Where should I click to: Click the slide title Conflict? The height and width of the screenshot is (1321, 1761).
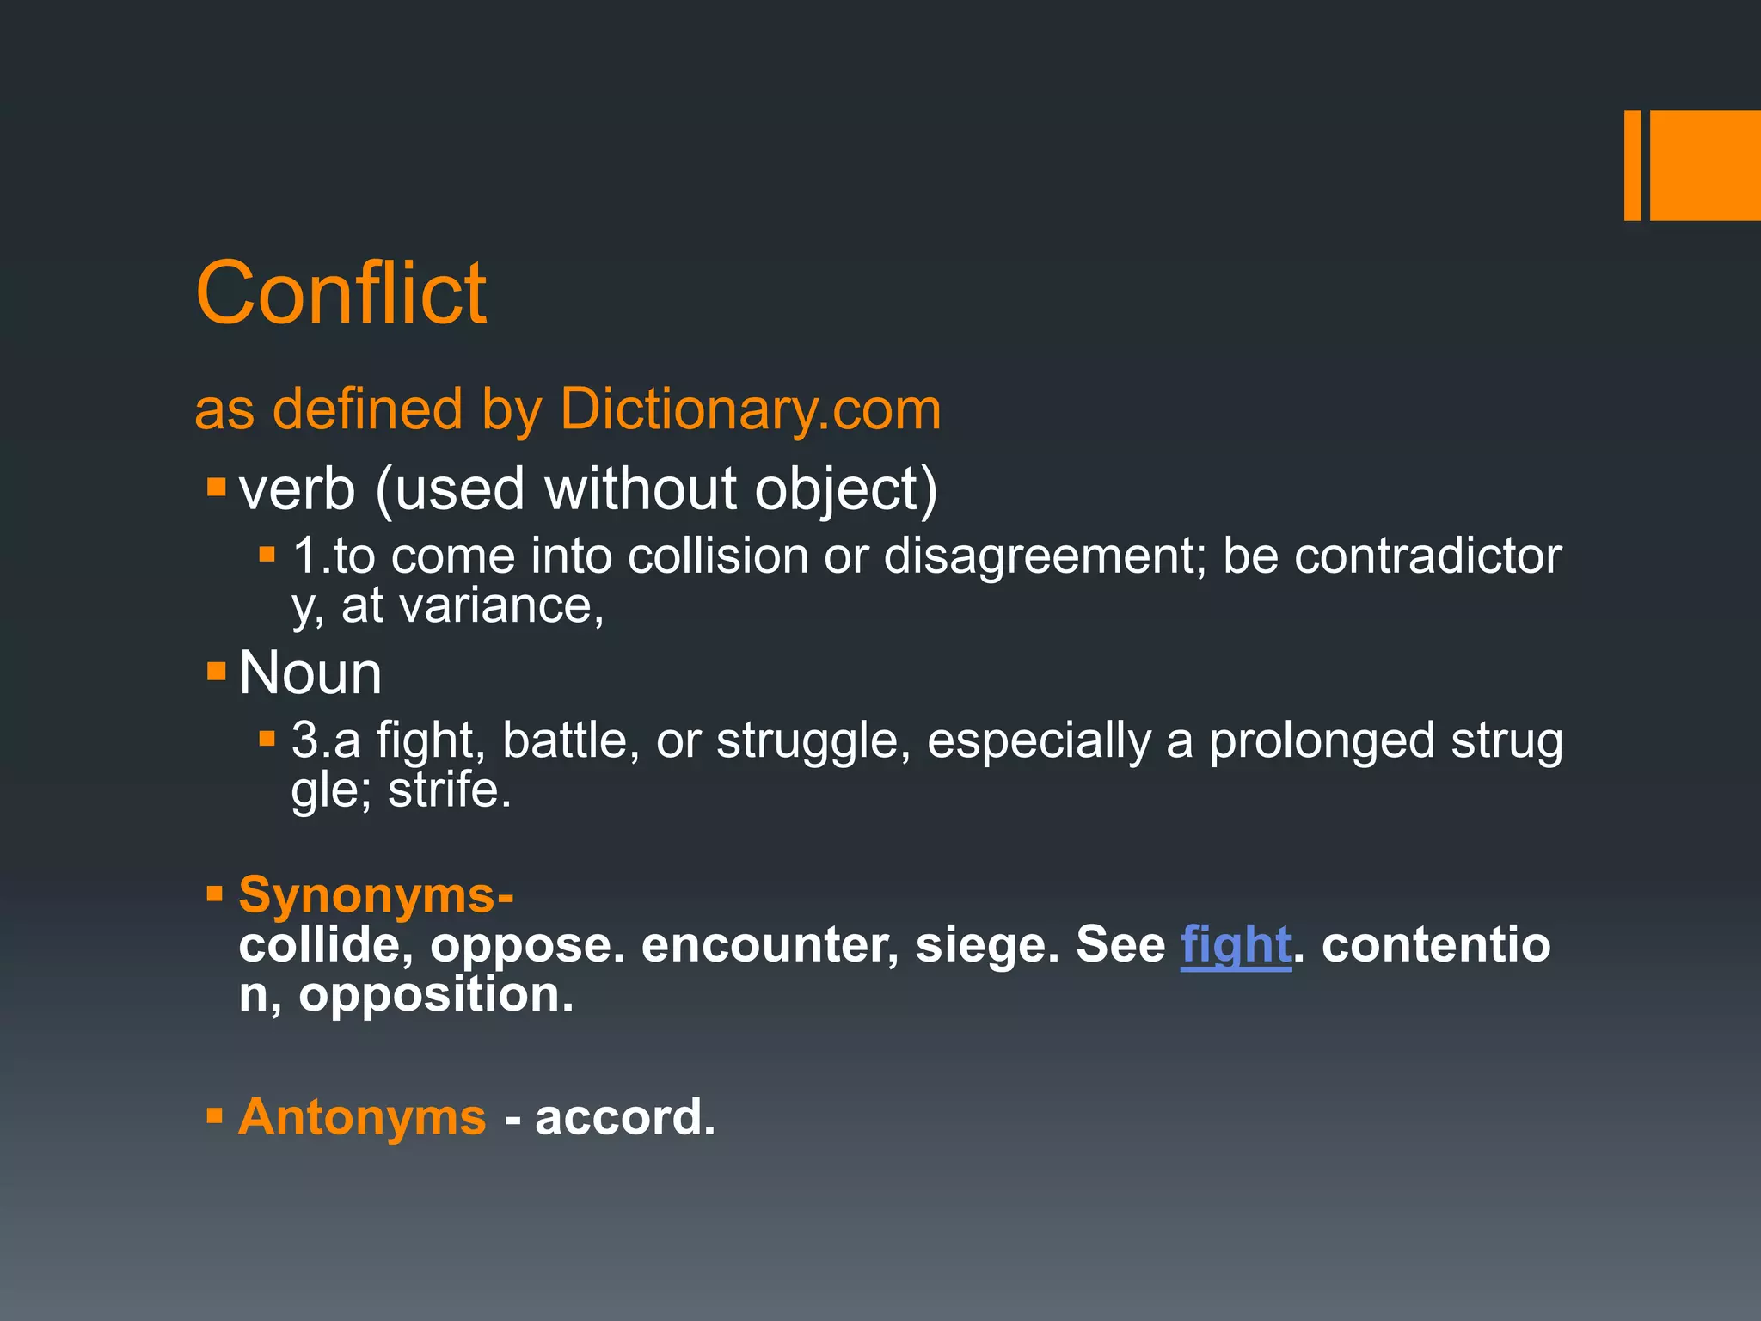pyautogui.click(x=341, y=293)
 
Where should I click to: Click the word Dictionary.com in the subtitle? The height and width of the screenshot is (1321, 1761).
pyautogui.click(x=750, y=409)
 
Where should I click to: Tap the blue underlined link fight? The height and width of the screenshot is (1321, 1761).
pyautogui.click(x=1235, y=944)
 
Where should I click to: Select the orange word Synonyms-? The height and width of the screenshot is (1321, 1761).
pyautogui.click(x=376, y=895)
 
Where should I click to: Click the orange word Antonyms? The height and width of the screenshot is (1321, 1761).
pyautogui.click(x=362, y=1117)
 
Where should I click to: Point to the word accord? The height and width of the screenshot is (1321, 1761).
pyautogui.click(x=625, y=1117)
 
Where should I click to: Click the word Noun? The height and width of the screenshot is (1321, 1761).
pyautogui.click(x=310, y=673)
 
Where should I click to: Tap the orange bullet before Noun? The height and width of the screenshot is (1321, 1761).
pyautogui.click(x=216, y=670)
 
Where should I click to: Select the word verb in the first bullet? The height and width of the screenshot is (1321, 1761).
pyautogui.click(x=297, y=488)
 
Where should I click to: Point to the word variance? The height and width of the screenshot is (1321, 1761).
pyautogui.click(x=502, y=605)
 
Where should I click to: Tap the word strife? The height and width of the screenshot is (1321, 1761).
pyautogui.click(x=449, y=790)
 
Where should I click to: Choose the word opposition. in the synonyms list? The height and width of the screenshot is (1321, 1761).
pyautogui.click(x=435, y=994)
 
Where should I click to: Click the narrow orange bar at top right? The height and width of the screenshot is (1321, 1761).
pyautogui.click(x=1631, y=165)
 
